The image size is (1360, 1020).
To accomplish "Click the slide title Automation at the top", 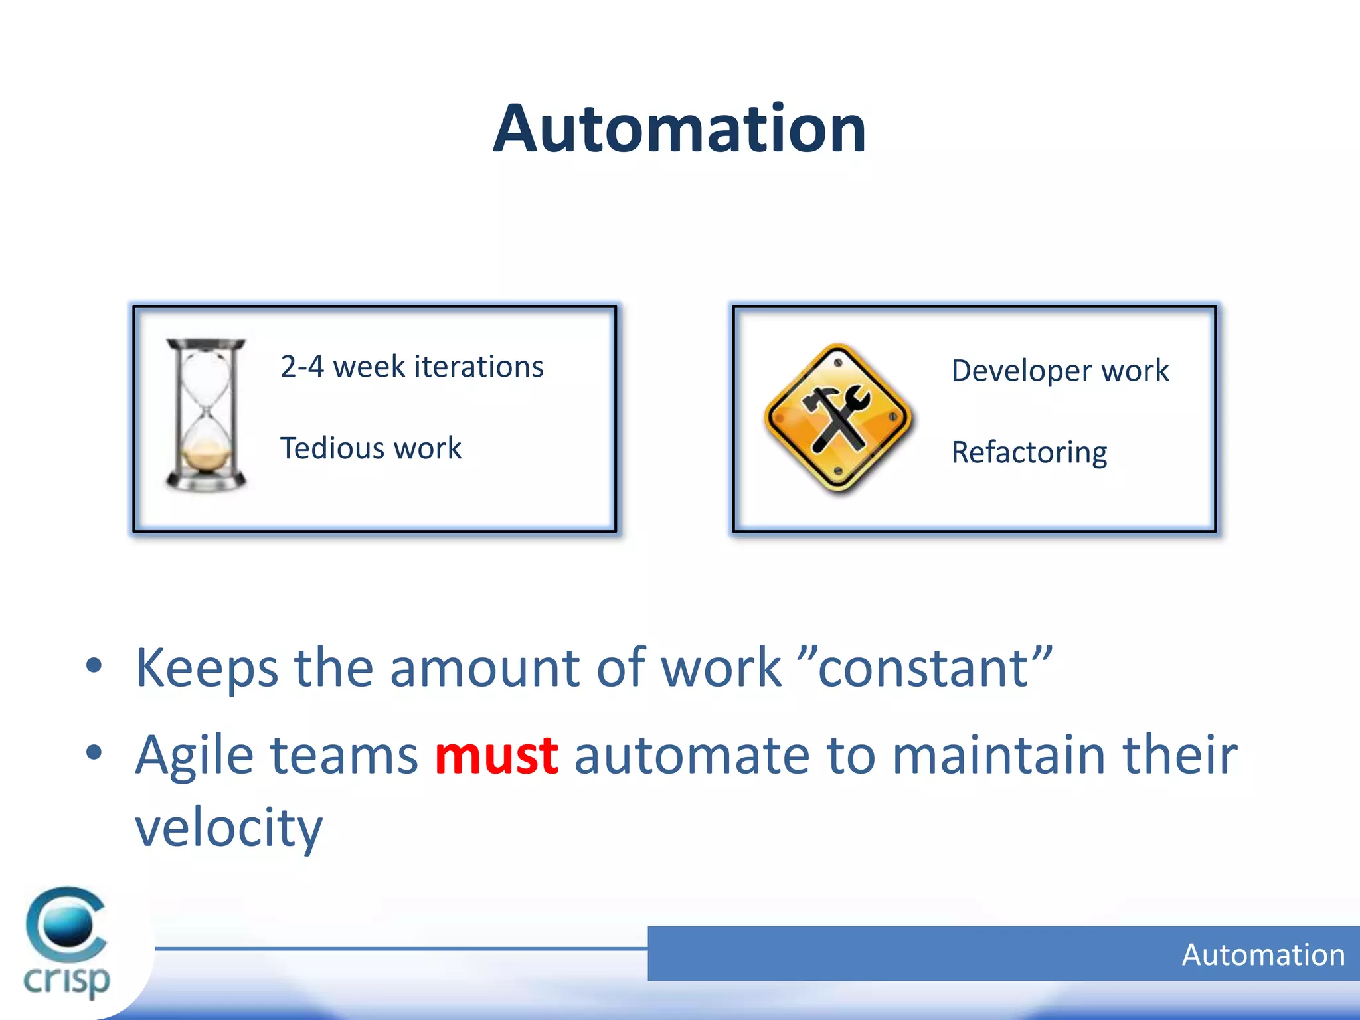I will click(679, 129).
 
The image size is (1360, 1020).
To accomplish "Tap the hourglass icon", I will click(206, 415).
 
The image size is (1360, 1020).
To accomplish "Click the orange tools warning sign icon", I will click(838, 419).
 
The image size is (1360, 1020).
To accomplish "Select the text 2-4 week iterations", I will click(412, 367).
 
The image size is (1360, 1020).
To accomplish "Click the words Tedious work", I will click(371, 448).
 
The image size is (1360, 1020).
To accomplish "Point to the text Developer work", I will click(1060, 371).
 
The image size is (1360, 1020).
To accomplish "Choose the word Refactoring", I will click(1029, 453).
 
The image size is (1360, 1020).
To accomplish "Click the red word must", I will click(496, 756).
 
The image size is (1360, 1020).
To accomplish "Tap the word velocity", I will click(228, 828).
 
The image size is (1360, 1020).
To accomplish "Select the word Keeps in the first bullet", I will click(207, 668).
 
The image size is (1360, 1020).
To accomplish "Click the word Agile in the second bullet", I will click(195, 756).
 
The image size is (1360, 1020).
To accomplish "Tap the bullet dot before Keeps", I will click(94, 666).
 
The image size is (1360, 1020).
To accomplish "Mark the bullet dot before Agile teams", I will click(94, 753).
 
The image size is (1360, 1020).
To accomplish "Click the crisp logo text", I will click(66, 980).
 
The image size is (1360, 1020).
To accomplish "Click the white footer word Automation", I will click(1263, 955).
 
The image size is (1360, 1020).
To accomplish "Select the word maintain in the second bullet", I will click(999, 756).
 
